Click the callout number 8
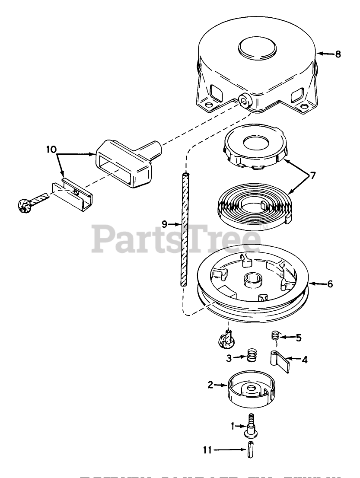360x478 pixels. click(338, 54)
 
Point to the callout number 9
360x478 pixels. click(165, 224)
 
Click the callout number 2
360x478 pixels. click(210, 385)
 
